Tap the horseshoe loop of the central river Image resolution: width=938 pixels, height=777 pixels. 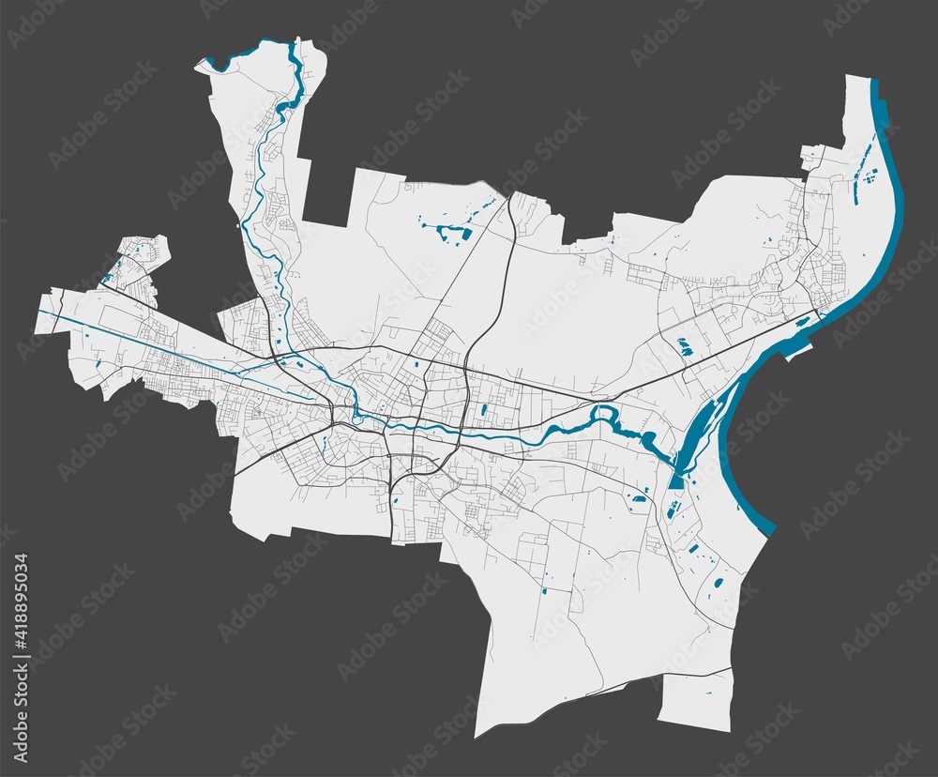coord(604,412)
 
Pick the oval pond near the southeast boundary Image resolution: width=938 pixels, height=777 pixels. coord(719,582)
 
